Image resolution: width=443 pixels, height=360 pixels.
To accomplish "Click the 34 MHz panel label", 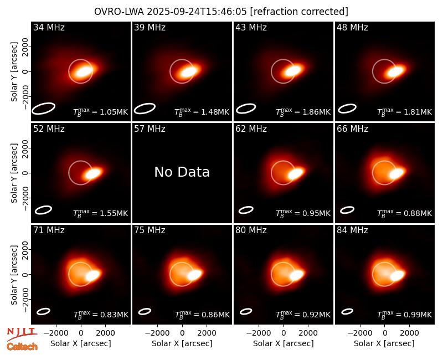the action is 49,27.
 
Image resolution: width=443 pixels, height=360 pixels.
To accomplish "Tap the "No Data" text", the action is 182,172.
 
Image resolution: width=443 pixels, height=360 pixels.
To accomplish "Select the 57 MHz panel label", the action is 150,129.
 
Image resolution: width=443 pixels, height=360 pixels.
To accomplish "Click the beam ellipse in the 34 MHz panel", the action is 43,109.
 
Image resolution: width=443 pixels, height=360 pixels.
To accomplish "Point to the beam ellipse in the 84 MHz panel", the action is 347,311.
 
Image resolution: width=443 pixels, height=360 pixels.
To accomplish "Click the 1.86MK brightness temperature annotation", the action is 303,112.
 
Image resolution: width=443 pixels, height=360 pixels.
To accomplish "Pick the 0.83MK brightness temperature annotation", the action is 101,314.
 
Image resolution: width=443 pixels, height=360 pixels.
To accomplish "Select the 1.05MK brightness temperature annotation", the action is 101,112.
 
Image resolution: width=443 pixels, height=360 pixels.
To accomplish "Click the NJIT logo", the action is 22,334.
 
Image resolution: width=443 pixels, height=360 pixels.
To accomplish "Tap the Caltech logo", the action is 22,347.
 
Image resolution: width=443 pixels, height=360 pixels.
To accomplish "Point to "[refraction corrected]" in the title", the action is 299,12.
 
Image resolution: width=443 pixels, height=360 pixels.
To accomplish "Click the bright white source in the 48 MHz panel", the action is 395,71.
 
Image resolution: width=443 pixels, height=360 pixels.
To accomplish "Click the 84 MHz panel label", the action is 352,230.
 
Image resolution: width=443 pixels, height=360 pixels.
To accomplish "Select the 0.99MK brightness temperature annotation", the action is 405,314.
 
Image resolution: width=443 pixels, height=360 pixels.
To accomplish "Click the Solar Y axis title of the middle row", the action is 14,173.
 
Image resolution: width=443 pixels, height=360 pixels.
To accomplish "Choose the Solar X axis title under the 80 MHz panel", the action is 284,343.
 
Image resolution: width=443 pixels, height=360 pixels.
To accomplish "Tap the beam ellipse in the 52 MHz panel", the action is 44,210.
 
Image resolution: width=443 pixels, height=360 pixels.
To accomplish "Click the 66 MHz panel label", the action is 352,129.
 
